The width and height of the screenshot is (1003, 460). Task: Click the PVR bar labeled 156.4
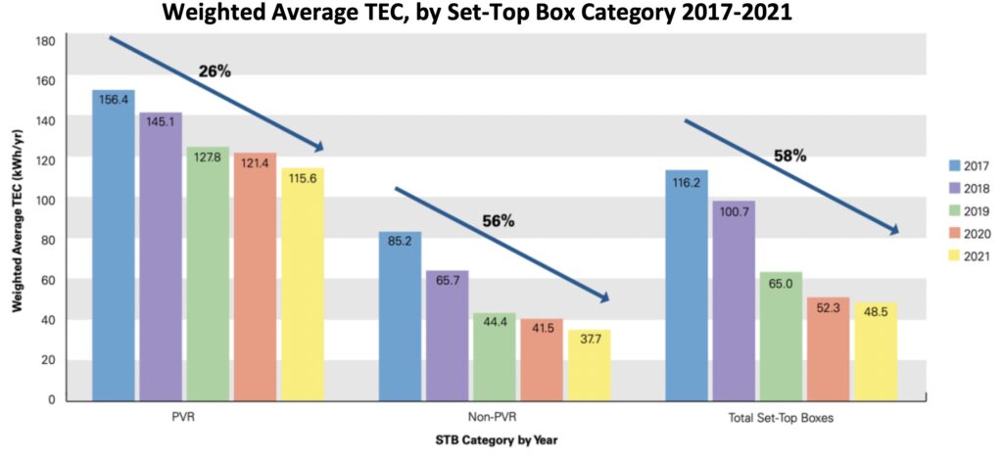[x=114, y=245]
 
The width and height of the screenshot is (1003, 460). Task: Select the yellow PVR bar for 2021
[x=303, y=284]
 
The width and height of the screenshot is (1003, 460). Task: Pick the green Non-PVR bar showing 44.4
[x=496, y=356]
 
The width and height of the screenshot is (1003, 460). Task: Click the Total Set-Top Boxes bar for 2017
[x=686, y=285]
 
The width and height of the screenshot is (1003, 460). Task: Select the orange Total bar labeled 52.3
[x=828, y=348]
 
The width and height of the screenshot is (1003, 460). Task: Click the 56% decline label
[x=498, y=220]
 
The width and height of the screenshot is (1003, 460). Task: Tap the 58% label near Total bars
[x=789, y=155]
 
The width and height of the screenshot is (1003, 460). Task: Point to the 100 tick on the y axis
[x=45, y=199]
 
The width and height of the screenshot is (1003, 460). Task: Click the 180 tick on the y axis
[x=45, y=40]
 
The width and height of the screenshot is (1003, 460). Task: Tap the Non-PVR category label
[x=495, y=418]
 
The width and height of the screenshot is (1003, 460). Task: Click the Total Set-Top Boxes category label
[x=781, y=418]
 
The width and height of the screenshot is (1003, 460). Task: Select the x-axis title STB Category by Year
[x=497, y=440]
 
